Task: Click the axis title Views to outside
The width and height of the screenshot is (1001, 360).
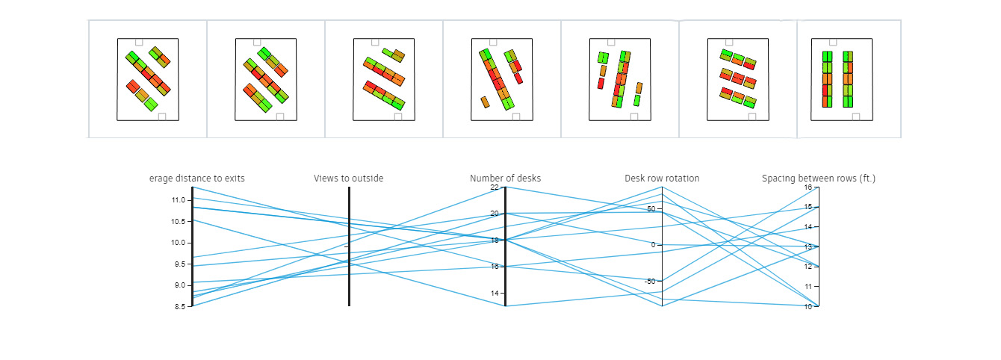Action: [348, 179]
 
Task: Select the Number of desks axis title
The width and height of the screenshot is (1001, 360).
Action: [505, 179]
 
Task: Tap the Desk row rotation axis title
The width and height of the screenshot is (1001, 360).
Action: [662, 179]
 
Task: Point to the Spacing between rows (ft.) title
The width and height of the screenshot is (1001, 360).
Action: [818, 179]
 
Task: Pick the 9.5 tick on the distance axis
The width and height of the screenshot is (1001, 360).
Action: [177, 264]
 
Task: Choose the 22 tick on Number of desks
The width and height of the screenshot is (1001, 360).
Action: [495, 187]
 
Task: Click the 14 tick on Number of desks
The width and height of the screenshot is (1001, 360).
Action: [495, 294]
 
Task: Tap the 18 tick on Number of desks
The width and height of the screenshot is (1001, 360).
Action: [495, 240]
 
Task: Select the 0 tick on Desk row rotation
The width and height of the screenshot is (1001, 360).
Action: [652, 245]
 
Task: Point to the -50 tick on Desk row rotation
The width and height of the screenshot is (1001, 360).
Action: [649, 282]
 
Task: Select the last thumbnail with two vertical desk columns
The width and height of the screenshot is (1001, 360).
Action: [842, 78]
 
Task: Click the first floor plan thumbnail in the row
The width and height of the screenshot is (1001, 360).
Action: [148, 78]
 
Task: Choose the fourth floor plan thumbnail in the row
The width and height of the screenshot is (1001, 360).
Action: [502, 78]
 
